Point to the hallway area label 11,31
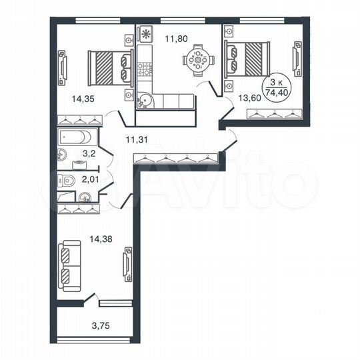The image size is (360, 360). click(138, 139)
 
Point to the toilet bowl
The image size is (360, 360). click(65, 179)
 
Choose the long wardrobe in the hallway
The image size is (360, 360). click(176, 159)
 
